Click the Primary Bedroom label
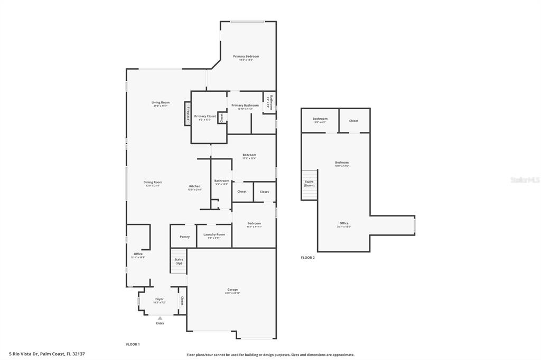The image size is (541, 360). click(x=246, y=56)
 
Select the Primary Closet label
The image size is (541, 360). click(x=205, y=116)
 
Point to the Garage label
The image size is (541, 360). click(x=232, y=289)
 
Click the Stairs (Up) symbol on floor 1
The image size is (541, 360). click(x=179, y=262)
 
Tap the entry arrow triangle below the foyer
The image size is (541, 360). click(x=160, y=318)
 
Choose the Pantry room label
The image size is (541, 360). click(x=184, y=236)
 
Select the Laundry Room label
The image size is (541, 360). click(x=214, y=234)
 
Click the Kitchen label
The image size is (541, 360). click(x=195, y=186)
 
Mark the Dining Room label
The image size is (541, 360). click(x=153, y=182)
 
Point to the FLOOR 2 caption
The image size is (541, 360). click(x=307, y=258)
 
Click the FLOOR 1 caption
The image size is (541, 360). click(x=133, y=344)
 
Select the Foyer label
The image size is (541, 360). click(x=159, y=299)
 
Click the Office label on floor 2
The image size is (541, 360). click(x=343, y=223)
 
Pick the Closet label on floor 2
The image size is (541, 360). click(x=353, y=121)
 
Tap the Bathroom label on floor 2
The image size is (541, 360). click(x=320, y=119)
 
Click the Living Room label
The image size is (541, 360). click(x=160, y=102)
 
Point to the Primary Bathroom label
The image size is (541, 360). click(x=245, y=106)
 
